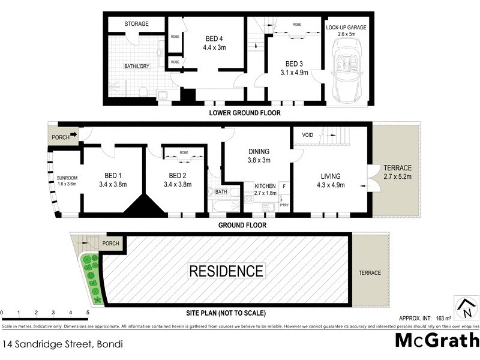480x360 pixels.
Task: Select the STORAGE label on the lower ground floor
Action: point(136,24)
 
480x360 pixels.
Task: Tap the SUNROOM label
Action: point(67,178)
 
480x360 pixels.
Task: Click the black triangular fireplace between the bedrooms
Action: point(143,206)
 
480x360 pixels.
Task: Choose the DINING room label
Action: point(259,152)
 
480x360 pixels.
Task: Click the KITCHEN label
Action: point(264,187)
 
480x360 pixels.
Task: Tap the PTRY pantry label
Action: point(284,206)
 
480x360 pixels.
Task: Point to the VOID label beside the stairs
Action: point(308,135)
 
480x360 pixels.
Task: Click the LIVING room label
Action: point(330,176)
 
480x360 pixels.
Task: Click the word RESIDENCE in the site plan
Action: point(226,271)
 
